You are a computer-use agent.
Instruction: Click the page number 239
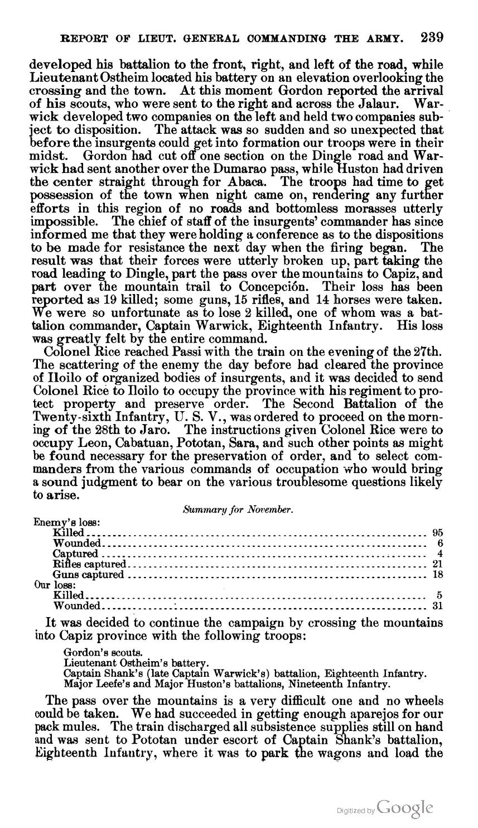point(432,38)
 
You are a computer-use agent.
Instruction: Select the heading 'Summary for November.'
point(238,509)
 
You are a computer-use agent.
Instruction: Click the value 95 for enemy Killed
point(437,533)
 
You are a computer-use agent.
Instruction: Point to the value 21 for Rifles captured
point(437,564)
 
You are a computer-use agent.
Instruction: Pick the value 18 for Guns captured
point(437,574)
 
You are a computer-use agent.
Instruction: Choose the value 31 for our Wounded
point(437,605)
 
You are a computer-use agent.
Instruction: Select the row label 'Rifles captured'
point(89,564)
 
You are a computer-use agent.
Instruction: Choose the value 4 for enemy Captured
point(440,553)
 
